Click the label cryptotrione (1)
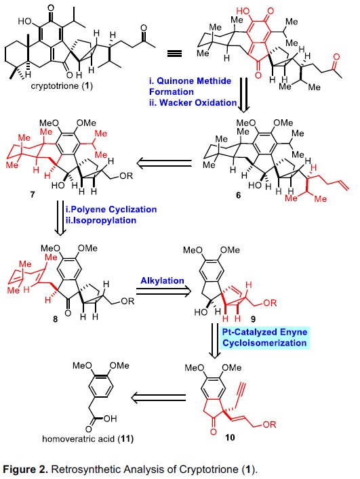(62, 86)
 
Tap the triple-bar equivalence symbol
(174, 54)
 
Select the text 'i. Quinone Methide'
(190, 81)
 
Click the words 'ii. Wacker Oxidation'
(193, 103)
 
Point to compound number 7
(33, 194)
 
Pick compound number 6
(239, 195)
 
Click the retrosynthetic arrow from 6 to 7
(164, 164)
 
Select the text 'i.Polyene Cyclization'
(111, 209)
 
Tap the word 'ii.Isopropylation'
(101, 220)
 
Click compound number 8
(55, 319)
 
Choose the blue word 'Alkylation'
(162, 280)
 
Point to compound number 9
(253, 319)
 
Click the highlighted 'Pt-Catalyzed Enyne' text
(264, 332)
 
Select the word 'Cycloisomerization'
(264, 343)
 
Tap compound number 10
(230, 438)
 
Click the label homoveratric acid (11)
(87, 439)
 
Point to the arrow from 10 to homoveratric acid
(158, 398)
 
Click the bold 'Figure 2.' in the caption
(25, 469)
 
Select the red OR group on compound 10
(269, 424)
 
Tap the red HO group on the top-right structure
(243, 12)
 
